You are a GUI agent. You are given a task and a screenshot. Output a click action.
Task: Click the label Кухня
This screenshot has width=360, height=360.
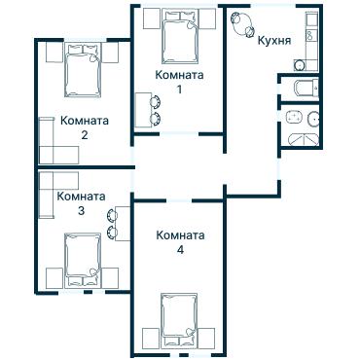click(275, 41)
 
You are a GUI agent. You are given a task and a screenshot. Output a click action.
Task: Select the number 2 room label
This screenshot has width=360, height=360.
click(84, 135)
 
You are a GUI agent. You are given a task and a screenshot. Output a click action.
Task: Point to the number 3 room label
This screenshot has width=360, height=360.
click(81, 210)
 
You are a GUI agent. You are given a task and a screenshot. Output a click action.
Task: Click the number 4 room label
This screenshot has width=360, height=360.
click(180, 250)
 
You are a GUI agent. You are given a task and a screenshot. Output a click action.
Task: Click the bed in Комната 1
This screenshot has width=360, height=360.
click(179, 38)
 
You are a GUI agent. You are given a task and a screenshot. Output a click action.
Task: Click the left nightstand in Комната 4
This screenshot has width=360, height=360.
click(148, 339)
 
